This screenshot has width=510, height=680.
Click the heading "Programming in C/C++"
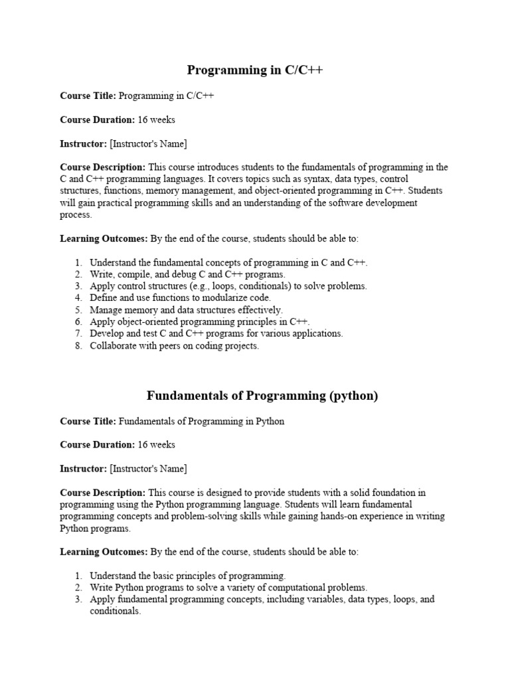(255, 70)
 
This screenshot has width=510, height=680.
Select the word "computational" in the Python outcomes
(270, 587)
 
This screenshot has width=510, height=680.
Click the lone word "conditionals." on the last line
(116, 611)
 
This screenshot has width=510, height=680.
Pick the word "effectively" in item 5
(260, 310)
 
